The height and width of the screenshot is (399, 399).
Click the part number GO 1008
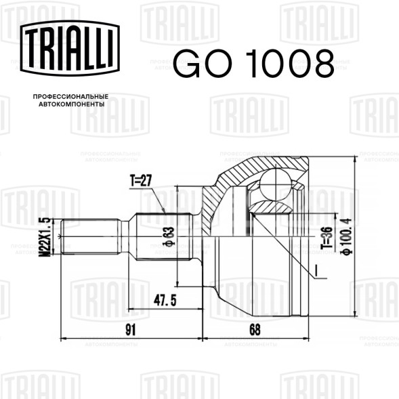pos(253,64)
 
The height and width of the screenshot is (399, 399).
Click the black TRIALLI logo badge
pos(70,48)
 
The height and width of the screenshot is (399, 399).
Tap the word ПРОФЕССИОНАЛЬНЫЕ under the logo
pos(70,97)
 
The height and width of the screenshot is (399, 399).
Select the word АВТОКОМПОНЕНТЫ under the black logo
pos(72,104)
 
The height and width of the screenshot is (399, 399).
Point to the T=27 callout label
pos(141,180)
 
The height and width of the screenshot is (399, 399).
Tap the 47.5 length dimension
pos(165,301)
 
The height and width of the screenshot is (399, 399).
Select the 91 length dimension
pos(131,330)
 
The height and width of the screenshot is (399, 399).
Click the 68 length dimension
pos(255,330)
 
